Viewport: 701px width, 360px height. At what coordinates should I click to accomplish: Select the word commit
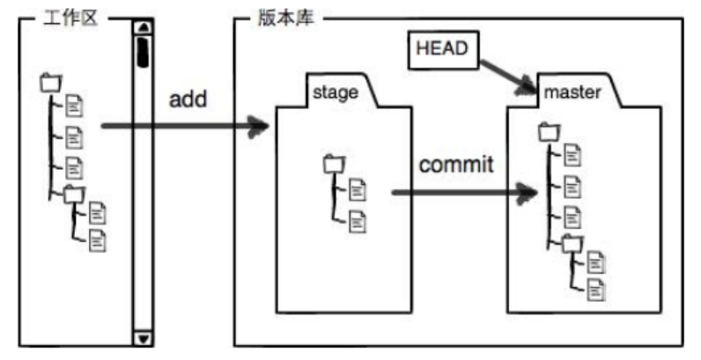point(456,165)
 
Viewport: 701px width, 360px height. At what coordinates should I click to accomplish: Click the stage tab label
point(336,92)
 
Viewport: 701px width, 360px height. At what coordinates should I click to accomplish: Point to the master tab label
point(572,92)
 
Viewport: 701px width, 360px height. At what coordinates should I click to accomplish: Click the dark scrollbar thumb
point(141,51)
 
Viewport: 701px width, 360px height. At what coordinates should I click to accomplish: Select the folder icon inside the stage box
point(334,164)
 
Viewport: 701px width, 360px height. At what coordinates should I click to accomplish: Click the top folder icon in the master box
point(549,133)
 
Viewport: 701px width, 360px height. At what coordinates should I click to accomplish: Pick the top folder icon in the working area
point(51,83)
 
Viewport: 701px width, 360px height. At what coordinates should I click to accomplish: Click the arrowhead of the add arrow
point(259,127)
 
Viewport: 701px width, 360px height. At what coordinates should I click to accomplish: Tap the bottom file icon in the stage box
point(358,220)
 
